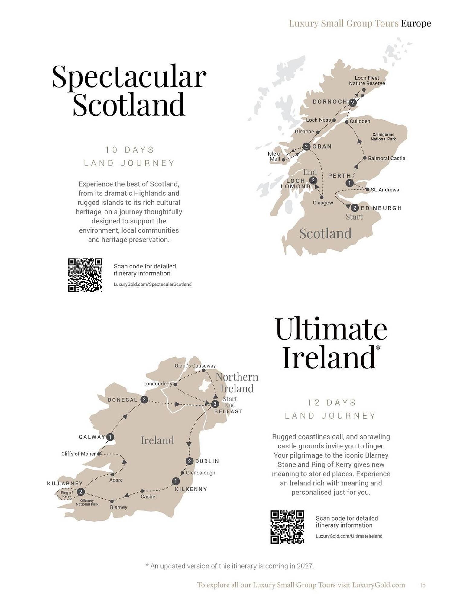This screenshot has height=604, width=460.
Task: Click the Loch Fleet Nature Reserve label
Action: click(367, 81)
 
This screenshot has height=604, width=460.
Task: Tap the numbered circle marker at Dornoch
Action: click(352, 103)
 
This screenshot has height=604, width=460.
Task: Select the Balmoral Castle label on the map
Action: click(386, 158)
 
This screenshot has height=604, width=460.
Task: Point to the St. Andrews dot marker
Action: click(368, 190)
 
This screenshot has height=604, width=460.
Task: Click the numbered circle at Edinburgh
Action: click(355, 208)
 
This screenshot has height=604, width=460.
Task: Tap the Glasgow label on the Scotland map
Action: click(323, 203)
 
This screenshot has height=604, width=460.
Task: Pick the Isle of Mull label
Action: click(275, 156)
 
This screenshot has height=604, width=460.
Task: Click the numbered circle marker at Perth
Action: click(349, 183)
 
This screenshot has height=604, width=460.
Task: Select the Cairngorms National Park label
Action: click(383, 137)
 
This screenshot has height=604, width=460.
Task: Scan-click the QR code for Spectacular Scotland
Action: click(85, 275)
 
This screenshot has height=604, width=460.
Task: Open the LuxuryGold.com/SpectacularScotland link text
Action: click(152, 284)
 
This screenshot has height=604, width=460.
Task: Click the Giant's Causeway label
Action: click(195, 366)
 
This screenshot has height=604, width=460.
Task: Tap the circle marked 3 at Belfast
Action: click(215, 404)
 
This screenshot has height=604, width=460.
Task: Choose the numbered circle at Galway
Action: click(110, 437)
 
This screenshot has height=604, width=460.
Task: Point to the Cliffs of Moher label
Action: click(78, 454)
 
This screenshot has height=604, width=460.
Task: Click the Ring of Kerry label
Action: click(66, 494)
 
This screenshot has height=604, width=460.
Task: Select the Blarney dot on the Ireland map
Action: click(112, 501)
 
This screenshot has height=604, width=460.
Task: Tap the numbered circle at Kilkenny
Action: click(176, 481)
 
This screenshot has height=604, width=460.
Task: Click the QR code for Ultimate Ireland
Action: click(287, 527)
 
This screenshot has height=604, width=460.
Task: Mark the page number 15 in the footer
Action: click(423, 585)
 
